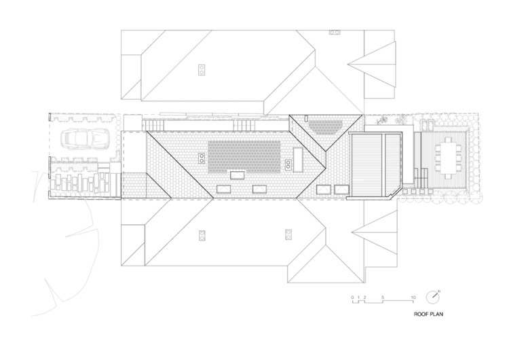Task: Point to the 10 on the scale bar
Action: pyautogui.click(x=414, y=298)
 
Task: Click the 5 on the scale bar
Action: pyautogui.click(x=383, y=298)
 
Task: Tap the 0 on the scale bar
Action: pyautogui.click(x=352, y=298)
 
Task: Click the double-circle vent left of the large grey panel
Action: pyautogui.click(x=202, y=158)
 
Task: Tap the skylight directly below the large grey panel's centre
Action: pyautogui.click(x=237, y=175)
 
